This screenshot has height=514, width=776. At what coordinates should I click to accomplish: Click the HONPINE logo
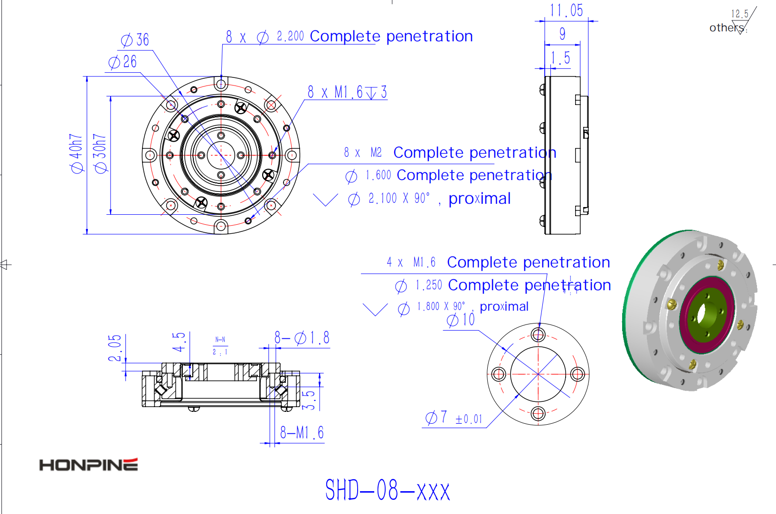coord(88,465)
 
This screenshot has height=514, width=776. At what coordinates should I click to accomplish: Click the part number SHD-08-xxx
coord(387,490)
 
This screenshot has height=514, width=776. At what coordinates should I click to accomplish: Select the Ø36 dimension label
coord(135,40)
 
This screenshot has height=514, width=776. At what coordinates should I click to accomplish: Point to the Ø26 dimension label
coord(123,62)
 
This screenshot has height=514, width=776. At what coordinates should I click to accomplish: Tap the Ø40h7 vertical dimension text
coord(76,153)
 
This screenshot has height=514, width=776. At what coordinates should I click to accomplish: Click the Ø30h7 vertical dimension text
coord(100,153)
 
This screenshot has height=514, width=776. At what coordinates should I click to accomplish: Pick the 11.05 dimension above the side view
coord(566,10)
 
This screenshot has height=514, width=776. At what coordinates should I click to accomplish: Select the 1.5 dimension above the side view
coord(560,58)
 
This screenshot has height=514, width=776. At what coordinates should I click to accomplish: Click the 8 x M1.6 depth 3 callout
coord(347,92)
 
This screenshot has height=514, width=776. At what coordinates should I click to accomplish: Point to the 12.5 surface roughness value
coord(739,14)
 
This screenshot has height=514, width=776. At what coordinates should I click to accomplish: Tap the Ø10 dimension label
coord(461,320)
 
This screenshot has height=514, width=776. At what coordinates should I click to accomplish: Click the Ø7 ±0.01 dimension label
coord(454,418)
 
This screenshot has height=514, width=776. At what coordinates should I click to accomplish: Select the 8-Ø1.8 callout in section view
coord(302,338)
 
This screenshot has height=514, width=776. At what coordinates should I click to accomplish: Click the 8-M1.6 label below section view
coord(302,433)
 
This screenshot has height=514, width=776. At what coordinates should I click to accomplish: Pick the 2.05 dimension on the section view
coord(115,348)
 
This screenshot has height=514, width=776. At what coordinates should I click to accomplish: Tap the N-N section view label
coord(220,340)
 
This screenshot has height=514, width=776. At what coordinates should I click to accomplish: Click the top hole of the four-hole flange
coord(538,335)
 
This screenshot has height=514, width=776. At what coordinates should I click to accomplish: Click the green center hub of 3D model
coord(702,314)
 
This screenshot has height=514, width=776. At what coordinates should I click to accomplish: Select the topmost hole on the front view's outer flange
coord(221,85)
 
